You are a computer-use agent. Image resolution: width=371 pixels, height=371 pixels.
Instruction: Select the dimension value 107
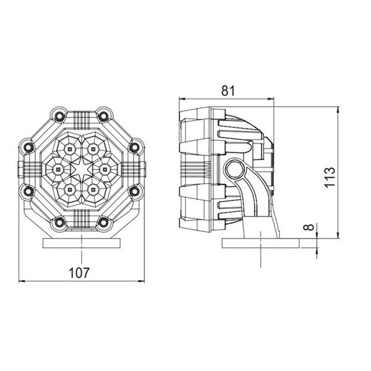pos(81,272)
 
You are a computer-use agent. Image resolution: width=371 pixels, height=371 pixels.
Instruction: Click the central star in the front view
pos(80,168)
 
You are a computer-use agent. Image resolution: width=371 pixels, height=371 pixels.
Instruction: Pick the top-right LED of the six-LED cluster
pos(93,148)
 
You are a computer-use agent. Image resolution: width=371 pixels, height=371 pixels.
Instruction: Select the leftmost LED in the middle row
pos(57,168)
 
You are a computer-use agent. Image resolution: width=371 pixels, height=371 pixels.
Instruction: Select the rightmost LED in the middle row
pos(104,168)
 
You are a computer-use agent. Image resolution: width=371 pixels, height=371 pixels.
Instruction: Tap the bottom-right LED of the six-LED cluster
pos(93,187)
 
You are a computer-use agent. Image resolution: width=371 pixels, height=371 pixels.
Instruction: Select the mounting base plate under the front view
pos(80,243)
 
